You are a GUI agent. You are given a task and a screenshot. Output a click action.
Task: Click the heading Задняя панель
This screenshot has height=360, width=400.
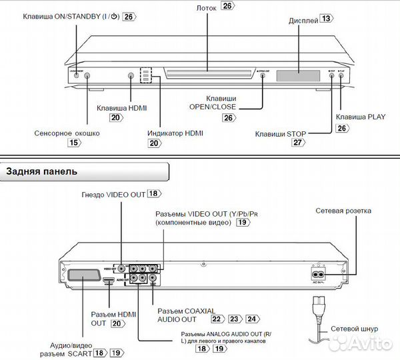[x=41, y=171]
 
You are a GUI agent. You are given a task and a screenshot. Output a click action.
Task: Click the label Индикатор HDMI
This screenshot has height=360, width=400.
[x=175, y=133]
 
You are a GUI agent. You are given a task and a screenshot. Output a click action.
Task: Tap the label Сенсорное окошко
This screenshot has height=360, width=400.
[x=67, y=133]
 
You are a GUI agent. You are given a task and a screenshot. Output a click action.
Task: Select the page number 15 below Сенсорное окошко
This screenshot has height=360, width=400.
[x=74, y=143]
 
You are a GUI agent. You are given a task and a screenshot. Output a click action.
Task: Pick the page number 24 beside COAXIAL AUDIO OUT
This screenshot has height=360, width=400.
[x=251, y=319]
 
